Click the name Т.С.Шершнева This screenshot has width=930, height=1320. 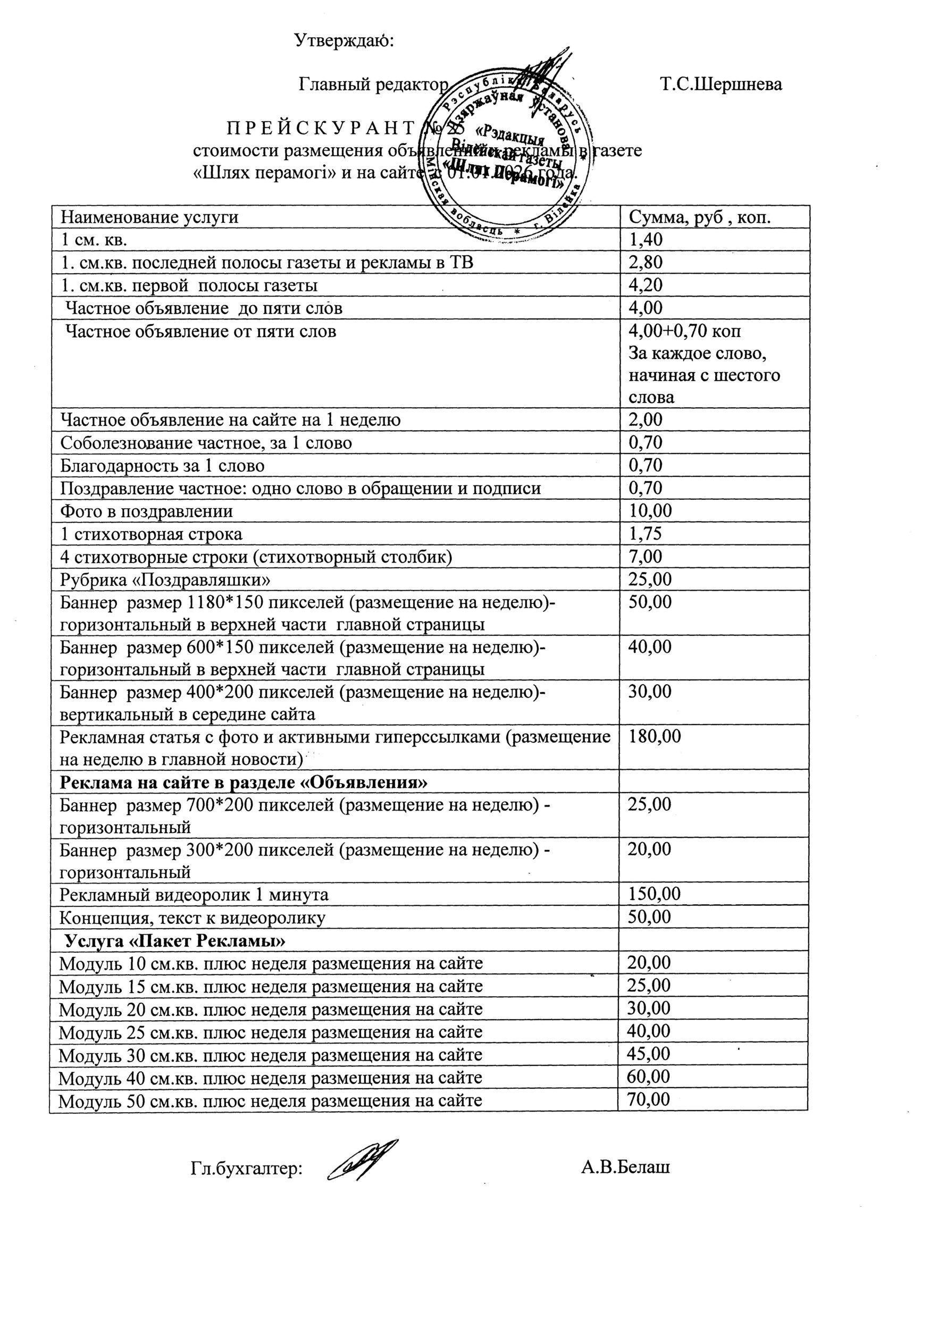pyautogui.click(x=720, y=85)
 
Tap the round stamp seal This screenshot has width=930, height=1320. pyautogui.click(x=506, y=155)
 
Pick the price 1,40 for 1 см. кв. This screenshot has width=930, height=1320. pyautogui.click(x=646, y=240)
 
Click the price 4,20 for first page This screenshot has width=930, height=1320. pyautogui.click(x=646, y=285)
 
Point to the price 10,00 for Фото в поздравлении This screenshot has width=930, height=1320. pyautogui.click(x=650, y=510)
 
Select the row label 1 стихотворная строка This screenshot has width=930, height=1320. pyautogui.click(x=151, y=534)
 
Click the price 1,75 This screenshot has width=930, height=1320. pyautogui.click(x=646, y=534)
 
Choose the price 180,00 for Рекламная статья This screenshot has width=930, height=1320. pyautogui.click(x=655, y=736)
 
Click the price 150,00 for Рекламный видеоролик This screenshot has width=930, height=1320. pyautogui.click(x=655, y=894)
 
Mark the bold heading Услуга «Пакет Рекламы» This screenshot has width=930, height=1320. pyautogui.click(x=175, y=940)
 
